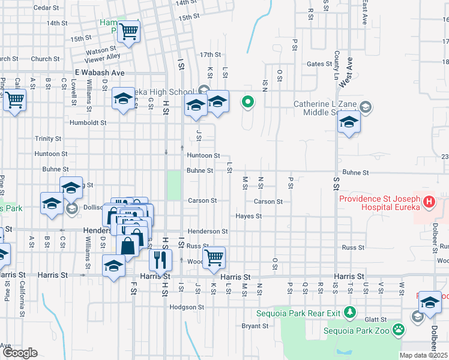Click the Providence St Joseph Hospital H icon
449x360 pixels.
(x=429, y=202)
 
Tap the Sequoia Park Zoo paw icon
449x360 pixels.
(x=398, y=329)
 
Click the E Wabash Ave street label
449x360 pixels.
(x=100, y=72)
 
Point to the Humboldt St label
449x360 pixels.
(x=87, y=122)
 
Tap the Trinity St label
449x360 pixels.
(x=48, y=138)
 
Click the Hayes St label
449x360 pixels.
(x=249, y=216)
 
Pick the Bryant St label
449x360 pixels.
(x=255, y=326)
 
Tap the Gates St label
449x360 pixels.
(x=319, y=64)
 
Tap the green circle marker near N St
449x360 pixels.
(x=247, y=102)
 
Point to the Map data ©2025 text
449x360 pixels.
(x=424, y=355)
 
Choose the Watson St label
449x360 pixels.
(x=101, y=50)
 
